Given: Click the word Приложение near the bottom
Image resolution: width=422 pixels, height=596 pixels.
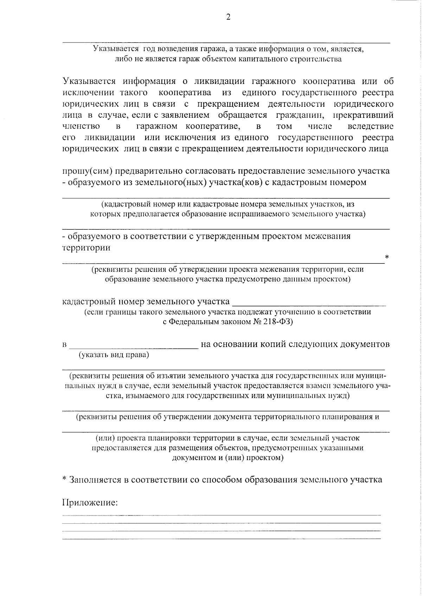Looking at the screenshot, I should (x=89, y=503).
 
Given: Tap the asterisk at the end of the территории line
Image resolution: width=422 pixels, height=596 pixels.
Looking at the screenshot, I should (x=387, y=257).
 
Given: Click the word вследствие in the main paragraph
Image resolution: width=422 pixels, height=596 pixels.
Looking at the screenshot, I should (x=370, y=126).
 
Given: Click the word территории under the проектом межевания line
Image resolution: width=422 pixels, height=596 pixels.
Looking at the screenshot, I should (x=86, y=248).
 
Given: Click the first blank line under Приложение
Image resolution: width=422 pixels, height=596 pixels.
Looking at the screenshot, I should (x=222, y=515).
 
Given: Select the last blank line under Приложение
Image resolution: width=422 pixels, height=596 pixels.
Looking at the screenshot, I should (x=222, y=538).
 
